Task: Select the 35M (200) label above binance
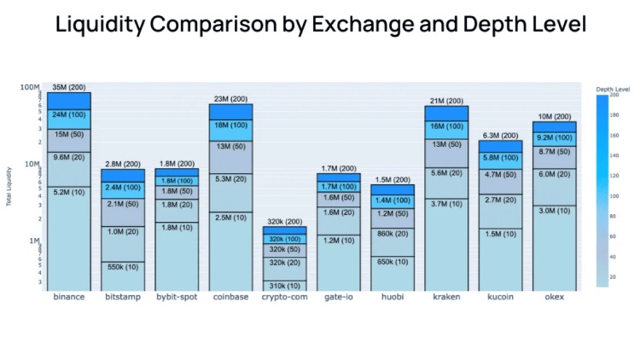(69, 87)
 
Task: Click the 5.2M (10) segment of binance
(69, 193)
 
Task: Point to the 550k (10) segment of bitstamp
(123, 266)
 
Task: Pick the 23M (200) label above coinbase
(231, 99)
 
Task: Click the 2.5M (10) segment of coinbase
(231, 218)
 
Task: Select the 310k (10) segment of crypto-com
(285, 285)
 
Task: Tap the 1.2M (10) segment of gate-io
(339, 241)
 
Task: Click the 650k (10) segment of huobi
(393, 262)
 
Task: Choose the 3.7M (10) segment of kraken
(446, 204)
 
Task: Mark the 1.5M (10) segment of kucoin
(500, 234)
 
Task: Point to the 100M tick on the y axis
(31, 87)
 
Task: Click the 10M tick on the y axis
(32, 164)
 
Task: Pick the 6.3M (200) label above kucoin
(500, 136)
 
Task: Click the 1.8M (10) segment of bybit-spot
(177, 228)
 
